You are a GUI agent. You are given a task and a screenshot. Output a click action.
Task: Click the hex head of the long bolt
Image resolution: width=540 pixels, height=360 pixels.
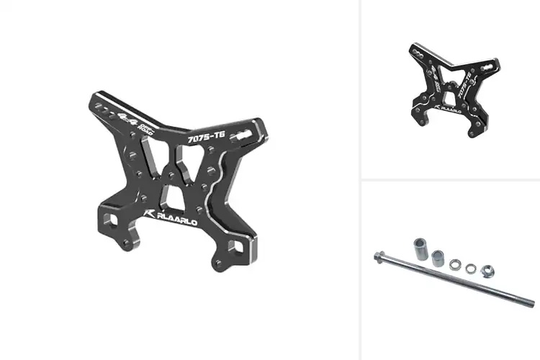(377, 256)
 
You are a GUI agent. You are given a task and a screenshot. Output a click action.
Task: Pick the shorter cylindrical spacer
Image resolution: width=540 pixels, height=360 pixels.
(436, 257)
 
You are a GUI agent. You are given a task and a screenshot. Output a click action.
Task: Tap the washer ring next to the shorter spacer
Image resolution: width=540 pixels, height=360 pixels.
(454, 265)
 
